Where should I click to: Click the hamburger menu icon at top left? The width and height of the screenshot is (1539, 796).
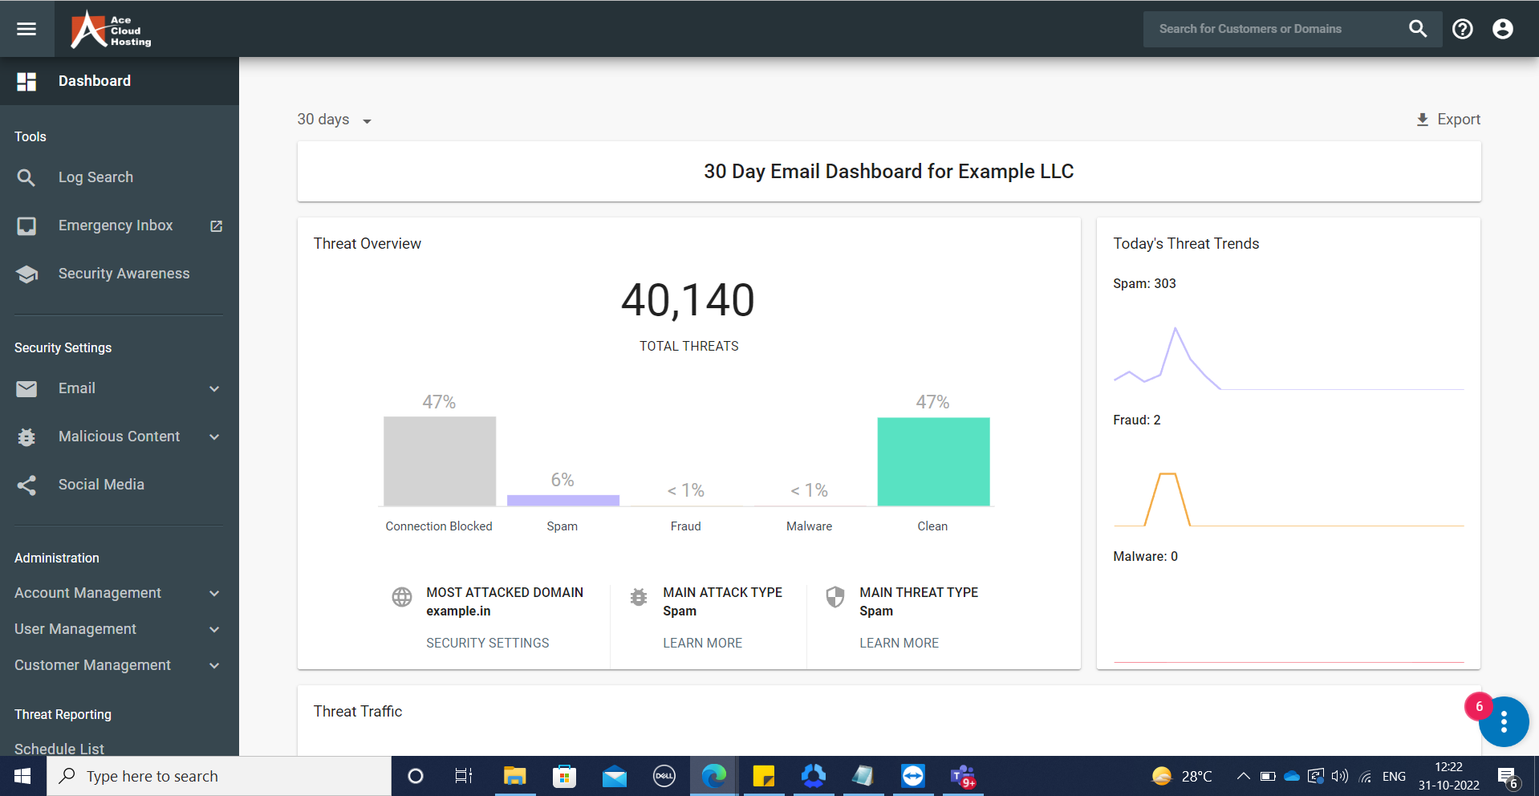pos(26,29)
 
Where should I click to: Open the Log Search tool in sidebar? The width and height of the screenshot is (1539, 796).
pos(95,177)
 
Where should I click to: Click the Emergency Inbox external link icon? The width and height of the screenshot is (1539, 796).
pos(216,226)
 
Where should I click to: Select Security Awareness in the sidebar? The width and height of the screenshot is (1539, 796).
pos(124,274)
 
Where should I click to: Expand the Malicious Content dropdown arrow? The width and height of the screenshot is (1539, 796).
pos(214,437)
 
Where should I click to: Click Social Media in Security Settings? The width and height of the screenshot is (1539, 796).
pos(101,485)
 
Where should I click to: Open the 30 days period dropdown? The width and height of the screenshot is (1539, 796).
pos(334,120)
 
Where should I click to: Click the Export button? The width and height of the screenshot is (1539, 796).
pos(1448,120)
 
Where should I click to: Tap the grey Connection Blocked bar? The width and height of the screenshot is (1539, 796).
pos(439,461)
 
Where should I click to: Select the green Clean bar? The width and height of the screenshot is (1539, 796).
pos(933,461)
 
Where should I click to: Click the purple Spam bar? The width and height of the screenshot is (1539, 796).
pos(562,500)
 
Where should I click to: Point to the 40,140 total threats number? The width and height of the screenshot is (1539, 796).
pos(688,300)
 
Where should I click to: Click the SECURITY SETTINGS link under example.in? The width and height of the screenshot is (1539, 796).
pos(487,643)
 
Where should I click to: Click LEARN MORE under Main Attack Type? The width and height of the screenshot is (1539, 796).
pos(702,643)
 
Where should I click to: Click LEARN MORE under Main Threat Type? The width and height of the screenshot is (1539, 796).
pos(899,643)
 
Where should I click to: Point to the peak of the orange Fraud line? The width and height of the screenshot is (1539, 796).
pos(1167,474)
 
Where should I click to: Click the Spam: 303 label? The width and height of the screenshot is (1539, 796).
pos(1144,283)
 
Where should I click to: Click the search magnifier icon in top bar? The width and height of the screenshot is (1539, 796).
pos(1418,29)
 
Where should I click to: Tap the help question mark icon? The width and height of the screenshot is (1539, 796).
pos(1462,29)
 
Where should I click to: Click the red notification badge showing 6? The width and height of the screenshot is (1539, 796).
pos(1479,707)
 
